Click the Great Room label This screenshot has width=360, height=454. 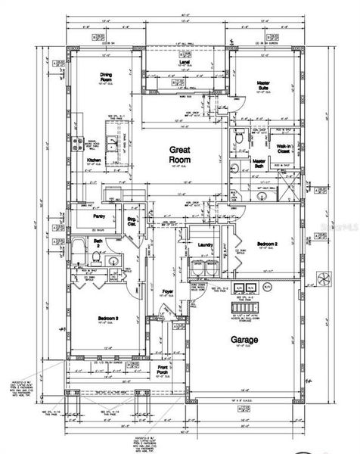[x=179, y=156]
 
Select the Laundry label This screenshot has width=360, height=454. [x=202, y=245]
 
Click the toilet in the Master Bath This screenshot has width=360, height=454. [x=237, y=140]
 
